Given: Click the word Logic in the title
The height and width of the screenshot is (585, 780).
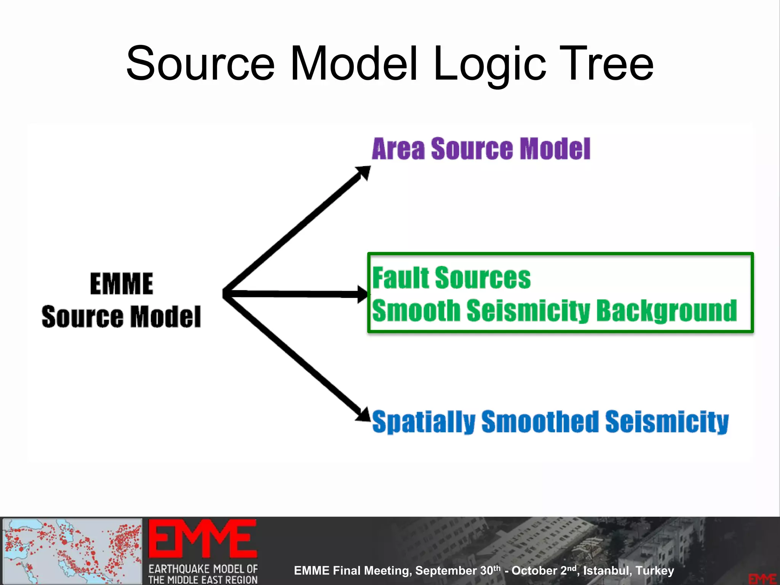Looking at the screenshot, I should [489, 65].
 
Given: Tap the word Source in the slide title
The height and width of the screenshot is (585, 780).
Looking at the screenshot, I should [200, 64].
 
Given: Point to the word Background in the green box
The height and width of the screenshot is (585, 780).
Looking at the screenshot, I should [667, 311].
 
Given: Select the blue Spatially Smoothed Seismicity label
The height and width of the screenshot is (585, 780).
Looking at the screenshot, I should [550, 422].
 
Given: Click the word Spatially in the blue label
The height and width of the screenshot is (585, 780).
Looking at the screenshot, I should [424, 422].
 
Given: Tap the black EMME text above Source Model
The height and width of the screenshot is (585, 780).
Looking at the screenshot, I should [121, 284].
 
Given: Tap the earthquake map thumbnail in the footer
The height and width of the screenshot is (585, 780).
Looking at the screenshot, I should [72, 551].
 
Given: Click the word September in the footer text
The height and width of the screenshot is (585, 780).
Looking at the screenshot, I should [446, 571].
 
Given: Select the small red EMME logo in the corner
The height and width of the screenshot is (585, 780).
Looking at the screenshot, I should [762, 579].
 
